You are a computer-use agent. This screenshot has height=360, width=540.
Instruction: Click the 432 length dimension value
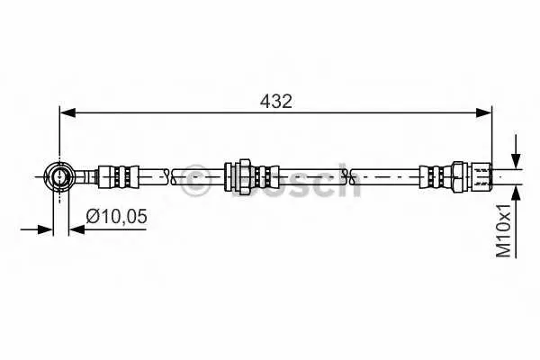[x=276, y=102]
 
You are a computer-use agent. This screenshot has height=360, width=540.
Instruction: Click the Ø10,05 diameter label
[x=116, y=216]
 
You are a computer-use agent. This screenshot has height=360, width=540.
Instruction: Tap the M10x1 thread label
[x=503, y=230]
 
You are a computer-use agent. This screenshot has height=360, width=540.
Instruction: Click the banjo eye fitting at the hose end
[x=60, y=176]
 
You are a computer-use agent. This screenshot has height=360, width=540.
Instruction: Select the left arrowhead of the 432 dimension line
[x=67, y=112]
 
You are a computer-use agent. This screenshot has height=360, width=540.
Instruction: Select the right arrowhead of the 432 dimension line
[x=484, y=112]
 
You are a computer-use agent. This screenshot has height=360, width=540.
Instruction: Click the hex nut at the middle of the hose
[x=245, y=176]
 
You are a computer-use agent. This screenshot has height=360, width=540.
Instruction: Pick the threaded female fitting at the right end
[x=472, y=176]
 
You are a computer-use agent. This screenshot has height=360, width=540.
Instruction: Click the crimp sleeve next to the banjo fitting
[x=119, y=176]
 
